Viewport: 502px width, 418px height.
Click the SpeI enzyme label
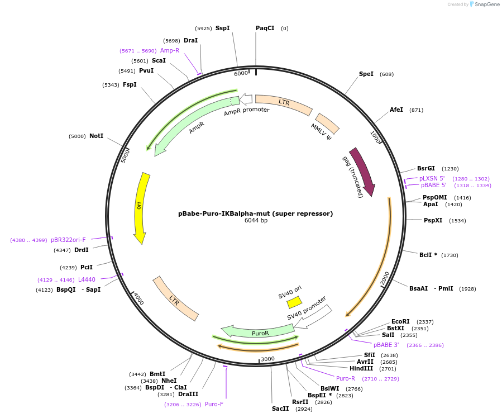(366, 74)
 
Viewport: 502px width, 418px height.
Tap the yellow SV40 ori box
(294, 302)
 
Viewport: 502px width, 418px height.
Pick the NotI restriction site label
(96, 136)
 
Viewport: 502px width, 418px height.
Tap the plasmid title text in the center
(255, 213)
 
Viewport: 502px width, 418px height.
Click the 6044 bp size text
(256, 220)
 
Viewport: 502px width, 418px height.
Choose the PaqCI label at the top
(265, 28)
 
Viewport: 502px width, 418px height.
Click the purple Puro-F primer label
(214, 404)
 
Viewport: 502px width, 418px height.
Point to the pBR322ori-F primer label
(68, 240)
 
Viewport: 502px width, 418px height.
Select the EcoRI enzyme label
(400, 321)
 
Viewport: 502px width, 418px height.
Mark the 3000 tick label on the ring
(267, 359)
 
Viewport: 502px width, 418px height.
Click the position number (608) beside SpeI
(386, 74)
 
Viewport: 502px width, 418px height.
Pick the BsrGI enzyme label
(425, 168)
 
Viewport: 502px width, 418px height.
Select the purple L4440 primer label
(87, 279)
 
